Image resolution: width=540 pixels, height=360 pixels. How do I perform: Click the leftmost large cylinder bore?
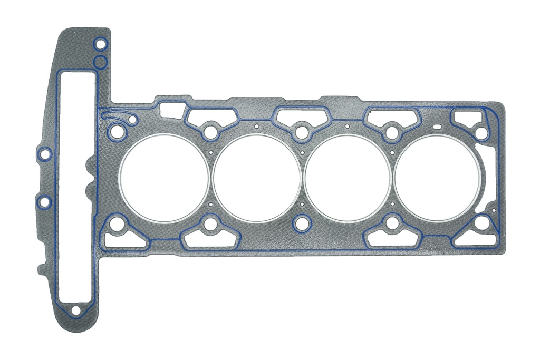[x=164, y=177]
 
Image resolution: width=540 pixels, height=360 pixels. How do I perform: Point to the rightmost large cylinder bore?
[x=438, y=178]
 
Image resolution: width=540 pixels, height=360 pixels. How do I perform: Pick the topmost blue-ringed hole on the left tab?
[x=100, y=44]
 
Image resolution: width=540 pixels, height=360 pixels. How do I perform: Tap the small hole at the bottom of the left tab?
[x=75, y=310]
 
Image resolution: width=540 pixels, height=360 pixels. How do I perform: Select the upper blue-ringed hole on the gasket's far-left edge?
[x=45, y=154]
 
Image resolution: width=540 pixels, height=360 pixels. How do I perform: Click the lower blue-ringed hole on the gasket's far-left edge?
[x=45, y=201]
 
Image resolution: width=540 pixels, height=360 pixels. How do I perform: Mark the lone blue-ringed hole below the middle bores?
[x=302, y=224]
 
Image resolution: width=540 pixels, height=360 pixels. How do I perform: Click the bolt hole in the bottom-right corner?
[x=481, y=223]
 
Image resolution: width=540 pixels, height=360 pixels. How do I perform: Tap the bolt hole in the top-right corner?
[x=481, y=133]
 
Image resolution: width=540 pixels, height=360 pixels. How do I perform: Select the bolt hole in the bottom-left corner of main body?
[x=117, y=224]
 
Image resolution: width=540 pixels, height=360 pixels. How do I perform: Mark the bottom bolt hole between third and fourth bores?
[x=392, y=223]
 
